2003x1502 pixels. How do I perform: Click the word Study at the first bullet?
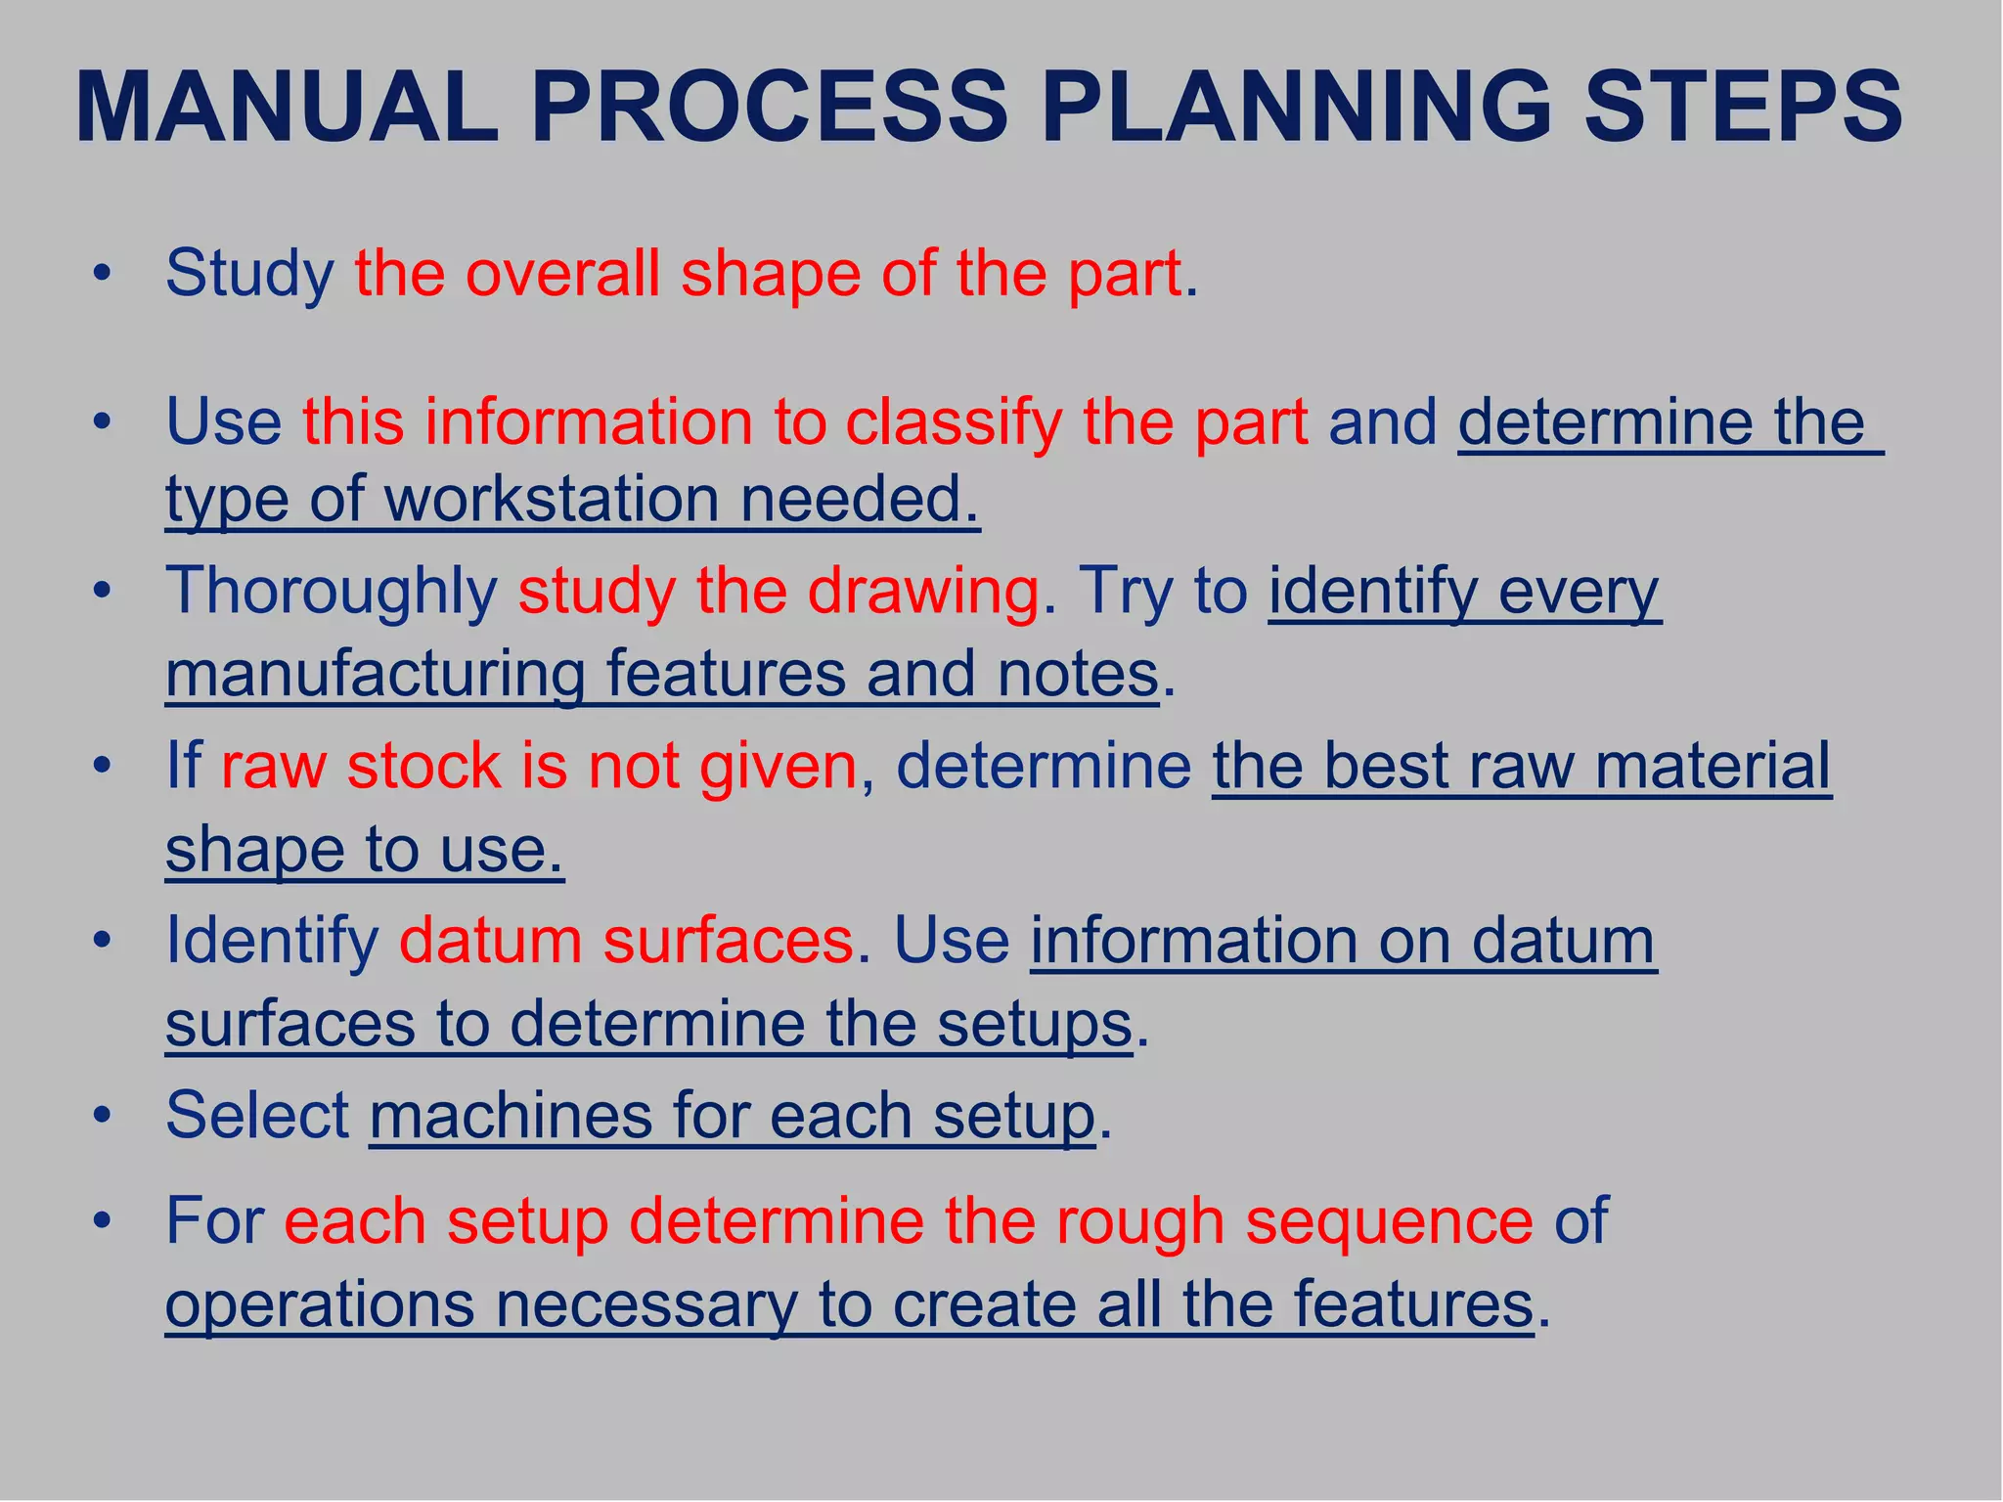coord(249,274)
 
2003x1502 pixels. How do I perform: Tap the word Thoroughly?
coord(332,592)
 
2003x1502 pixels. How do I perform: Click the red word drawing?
coord(924,593)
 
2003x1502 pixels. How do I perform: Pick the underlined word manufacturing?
coord(376,674)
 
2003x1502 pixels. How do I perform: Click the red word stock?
coord(423,765)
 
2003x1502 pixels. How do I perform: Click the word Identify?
coord(272,941)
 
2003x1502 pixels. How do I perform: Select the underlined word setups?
coord(1034,1024)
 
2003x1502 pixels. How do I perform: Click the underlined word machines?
coord(510,1115)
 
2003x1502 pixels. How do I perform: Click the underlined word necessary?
coord(646,1304)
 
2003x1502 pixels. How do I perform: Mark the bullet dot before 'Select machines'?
coord(102,1115)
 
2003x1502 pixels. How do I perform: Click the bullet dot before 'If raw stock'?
coord(102,766)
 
